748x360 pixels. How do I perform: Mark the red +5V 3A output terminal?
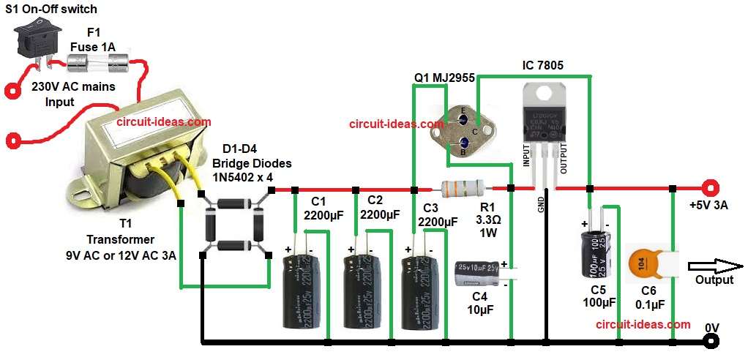(x=708, y=188)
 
